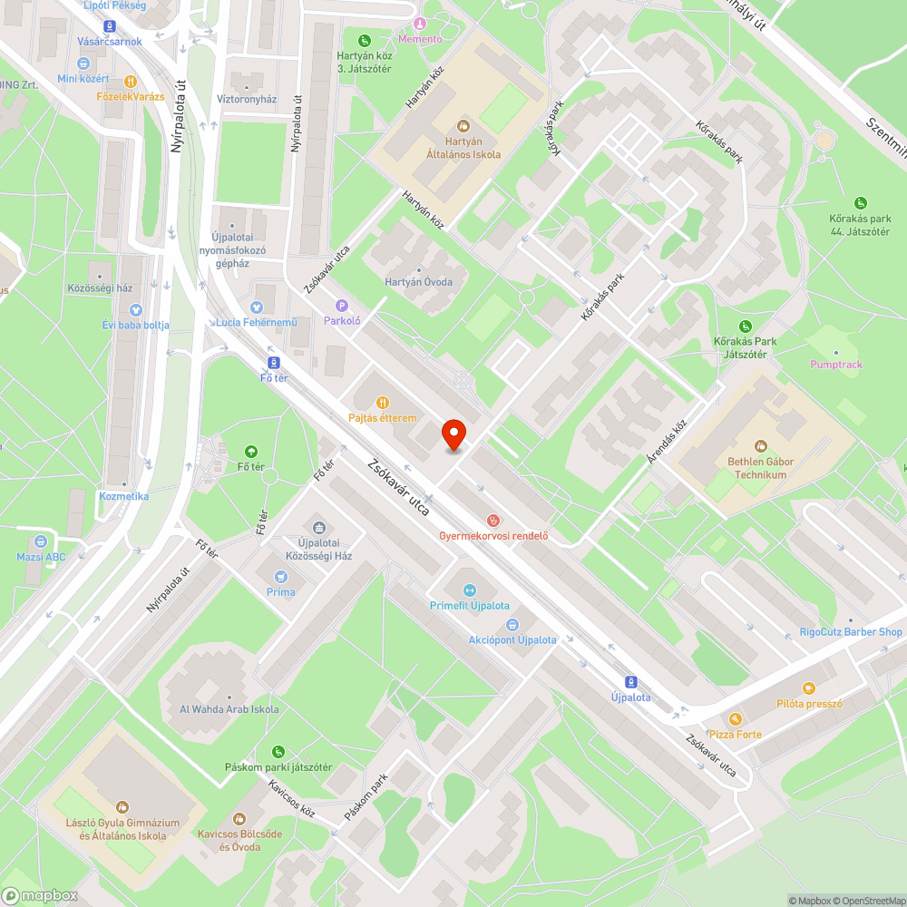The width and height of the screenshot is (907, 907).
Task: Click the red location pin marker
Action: [453, 434]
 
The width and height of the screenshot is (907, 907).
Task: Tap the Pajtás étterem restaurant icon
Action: [383, 403]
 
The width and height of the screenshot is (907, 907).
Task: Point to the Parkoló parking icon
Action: [342, 306]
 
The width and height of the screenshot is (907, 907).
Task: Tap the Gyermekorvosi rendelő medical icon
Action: [493, 521]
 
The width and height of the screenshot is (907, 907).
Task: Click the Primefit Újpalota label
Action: [469, 605]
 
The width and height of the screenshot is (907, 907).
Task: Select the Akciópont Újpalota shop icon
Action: [512, 624]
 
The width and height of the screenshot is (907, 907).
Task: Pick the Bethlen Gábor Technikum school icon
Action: [760, 445]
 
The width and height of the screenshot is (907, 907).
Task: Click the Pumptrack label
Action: [836, 365]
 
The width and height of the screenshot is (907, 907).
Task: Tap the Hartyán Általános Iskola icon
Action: [463, 125]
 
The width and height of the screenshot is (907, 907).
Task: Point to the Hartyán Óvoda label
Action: [418, 282]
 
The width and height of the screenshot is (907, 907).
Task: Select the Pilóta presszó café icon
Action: [809, 688]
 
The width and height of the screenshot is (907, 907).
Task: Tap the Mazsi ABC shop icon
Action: [41, 541]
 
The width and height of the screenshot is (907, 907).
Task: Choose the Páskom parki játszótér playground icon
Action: [278, 751]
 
